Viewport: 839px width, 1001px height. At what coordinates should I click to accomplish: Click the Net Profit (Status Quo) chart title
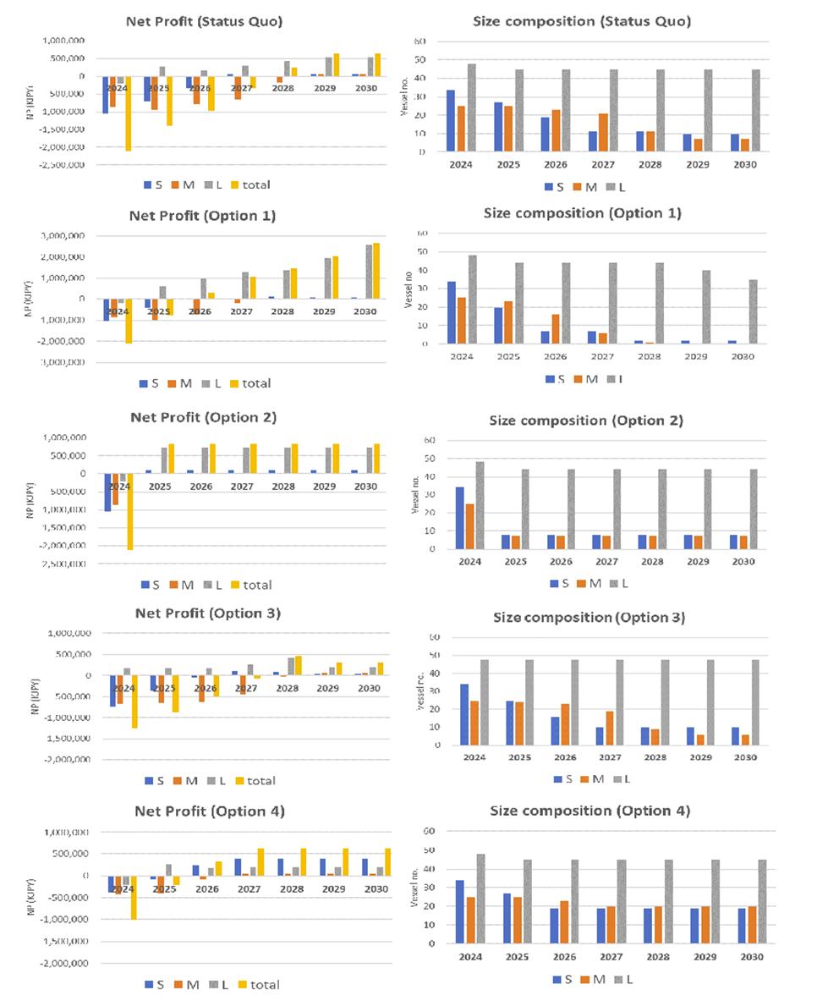tap(204, 21)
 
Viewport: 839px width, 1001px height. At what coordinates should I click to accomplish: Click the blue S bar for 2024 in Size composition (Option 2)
tap(460, 518)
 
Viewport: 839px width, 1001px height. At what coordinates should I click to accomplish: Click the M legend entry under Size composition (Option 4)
tap(594, 979)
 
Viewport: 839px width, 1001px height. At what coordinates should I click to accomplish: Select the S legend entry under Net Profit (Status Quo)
tap(153, 184)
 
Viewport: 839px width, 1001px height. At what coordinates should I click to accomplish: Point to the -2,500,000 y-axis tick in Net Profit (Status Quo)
tap(63, 164)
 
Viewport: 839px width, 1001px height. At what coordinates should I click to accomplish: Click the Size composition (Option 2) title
tap(585, 421)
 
